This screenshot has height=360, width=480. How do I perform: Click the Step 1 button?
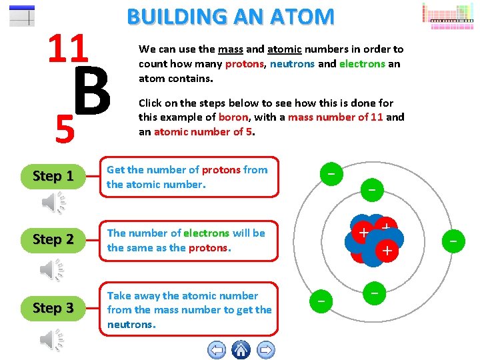[x=53, y=177]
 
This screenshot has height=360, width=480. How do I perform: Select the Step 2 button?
[x=53, y=239]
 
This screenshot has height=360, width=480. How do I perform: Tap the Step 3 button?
[x=53, y=308]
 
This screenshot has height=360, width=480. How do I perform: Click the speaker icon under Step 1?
[x=53, y=203]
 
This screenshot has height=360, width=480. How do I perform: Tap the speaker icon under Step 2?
[x=53, y=269]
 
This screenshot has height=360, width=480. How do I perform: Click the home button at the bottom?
[x=241, y=349]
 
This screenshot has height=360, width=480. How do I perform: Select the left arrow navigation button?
[x=217, y=349]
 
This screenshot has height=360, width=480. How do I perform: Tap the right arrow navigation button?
[x=265, y=349]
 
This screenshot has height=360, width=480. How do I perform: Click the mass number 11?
[x=68, y=49]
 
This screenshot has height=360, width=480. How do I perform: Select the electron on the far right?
[x=453, y=238]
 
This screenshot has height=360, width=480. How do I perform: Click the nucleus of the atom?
[x=373, y=240]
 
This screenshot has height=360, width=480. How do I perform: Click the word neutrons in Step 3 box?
[x=131, y=325]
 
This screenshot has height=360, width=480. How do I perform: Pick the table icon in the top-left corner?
[x=22, y=15]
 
